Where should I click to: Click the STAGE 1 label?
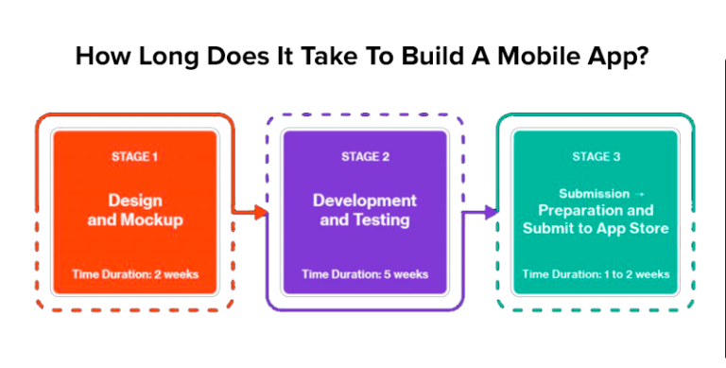pos(134,156)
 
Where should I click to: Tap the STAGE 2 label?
pos(365,156)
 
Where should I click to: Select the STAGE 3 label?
pos(596,156)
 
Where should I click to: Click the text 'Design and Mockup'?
pos(134,210)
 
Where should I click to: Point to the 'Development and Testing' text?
pos(365,210)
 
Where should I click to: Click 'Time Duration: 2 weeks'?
pos(135,274)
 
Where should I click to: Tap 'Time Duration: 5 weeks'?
pos(365,274)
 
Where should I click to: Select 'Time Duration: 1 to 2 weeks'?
pos(596,274)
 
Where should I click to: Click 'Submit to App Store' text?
pos(596,228)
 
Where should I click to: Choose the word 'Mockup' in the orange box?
pos(151,220)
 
